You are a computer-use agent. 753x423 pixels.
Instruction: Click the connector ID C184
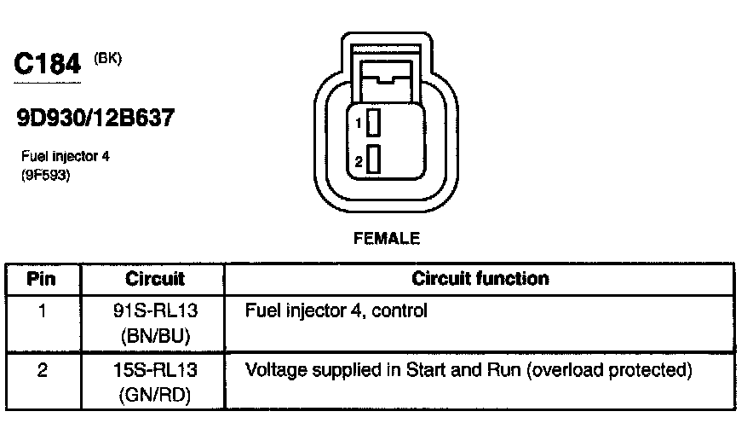point(48,65)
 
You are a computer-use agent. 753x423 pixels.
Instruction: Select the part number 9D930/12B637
point(95,118)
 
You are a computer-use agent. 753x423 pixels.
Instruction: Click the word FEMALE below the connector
point(387,240)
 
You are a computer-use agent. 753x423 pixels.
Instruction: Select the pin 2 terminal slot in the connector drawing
point(373,159)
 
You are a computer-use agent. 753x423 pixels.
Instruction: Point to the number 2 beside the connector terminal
point(359,159)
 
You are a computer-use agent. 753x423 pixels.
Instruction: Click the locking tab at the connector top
point(387,82)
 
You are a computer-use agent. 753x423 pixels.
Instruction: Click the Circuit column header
point(155,279)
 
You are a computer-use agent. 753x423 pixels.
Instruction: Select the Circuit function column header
point(480,279)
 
